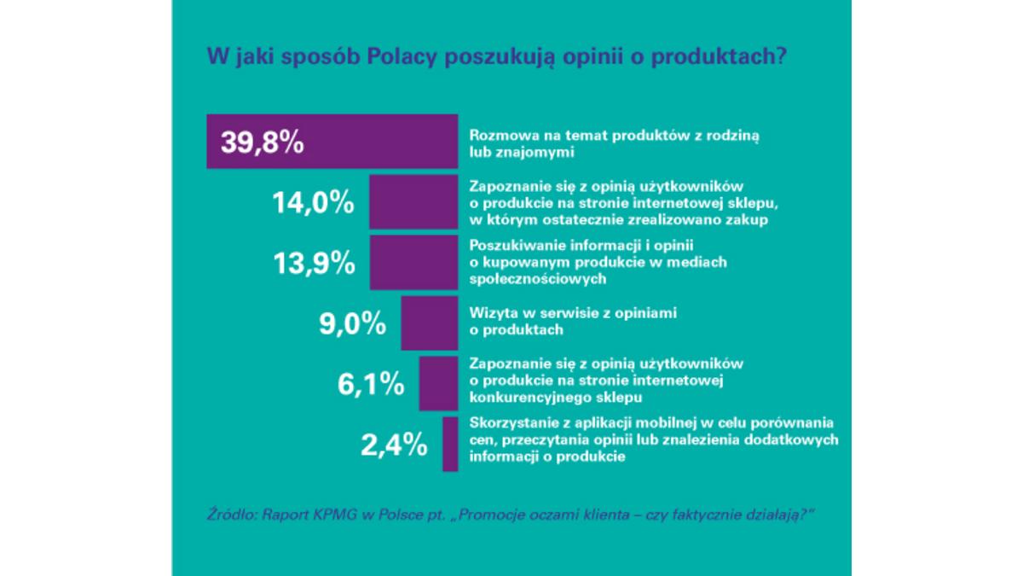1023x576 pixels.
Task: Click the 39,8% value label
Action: (x=263, y=142)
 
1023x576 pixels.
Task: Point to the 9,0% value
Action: (x=349, y=324)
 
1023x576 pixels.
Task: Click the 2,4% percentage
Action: (x=391, y=444)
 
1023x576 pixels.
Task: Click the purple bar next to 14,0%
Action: (x=413, y=202)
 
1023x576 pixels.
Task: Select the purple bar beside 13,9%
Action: (x=413, y=263)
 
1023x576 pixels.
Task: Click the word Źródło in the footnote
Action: (x=232, y=516)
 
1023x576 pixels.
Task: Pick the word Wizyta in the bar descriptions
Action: (x=488, y=313)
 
